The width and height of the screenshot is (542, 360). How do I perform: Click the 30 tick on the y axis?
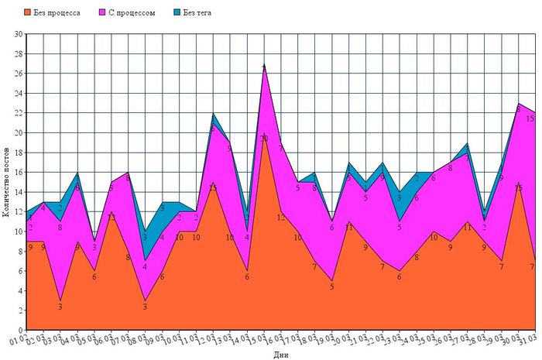[19, 34]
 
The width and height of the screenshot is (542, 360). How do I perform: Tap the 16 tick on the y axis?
[19, 172]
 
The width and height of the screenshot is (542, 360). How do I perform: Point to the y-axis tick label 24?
[19, 93]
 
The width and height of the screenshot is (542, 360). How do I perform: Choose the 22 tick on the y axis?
[19, 113]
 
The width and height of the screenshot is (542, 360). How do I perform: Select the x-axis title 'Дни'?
[280, 355]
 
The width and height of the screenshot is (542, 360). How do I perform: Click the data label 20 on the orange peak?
[264, 139]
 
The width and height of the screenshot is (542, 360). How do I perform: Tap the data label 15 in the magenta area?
[530, 119]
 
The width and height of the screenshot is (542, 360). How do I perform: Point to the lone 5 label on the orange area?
[331, 286]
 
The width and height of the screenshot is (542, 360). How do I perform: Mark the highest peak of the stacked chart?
[264, 64]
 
